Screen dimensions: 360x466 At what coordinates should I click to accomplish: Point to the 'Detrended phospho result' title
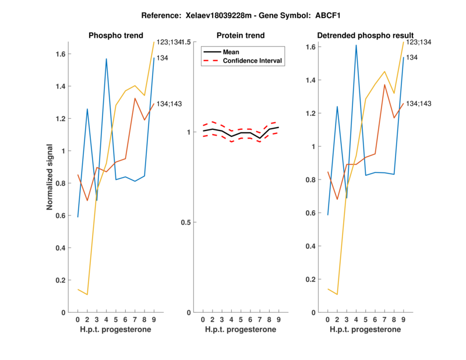click(365, 36)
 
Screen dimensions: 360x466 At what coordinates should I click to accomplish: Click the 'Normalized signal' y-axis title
click(51, 177)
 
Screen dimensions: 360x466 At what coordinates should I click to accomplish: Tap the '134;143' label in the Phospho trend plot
click(169, 104)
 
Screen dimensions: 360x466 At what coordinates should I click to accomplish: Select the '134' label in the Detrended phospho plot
click(412, 58)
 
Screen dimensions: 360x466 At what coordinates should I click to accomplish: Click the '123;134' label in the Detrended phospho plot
click(418, 42)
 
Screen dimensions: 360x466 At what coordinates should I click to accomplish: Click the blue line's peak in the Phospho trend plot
click(106, 58)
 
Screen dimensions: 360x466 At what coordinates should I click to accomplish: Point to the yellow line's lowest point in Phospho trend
click(87, 295)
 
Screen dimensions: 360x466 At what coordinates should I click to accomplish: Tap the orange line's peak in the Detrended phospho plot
click(385, 84)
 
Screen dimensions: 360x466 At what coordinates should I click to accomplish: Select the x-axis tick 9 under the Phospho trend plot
click(154, 319)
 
